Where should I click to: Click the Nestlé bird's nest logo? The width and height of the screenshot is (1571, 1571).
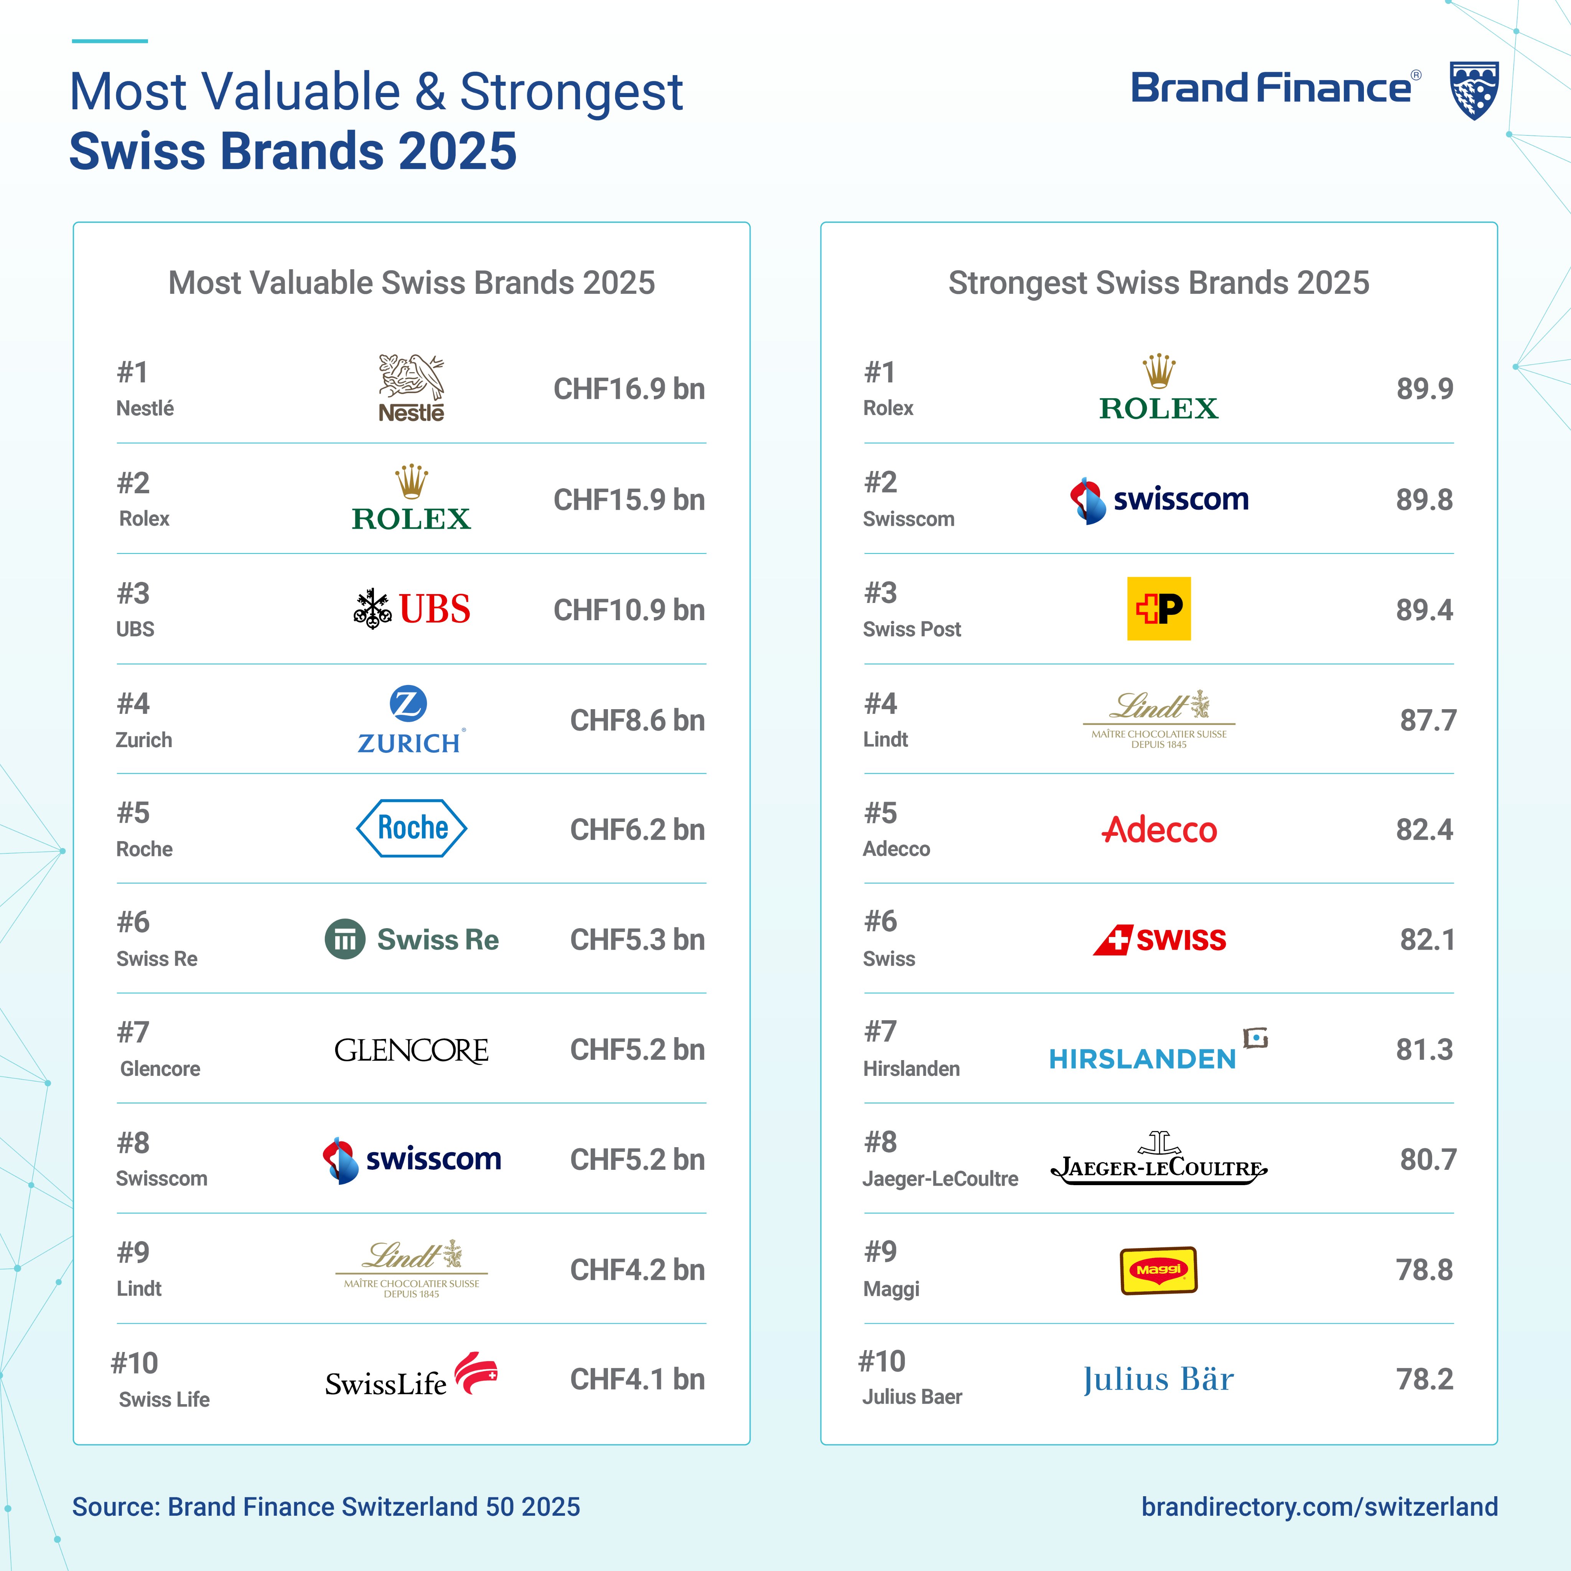tap(412, 388)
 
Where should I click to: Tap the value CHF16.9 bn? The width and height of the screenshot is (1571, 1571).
tap(629, 389)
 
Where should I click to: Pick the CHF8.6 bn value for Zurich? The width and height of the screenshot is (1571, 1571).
tap(637, 720)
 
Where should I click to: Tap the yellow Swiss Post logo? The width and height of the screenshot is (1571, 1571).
tap(1159, 608)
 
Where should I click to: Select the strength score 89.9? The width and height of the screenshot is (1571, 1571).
tap(1424, 389)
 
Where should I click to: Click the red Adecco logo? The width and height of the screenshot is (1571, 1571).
tap(1159, 829)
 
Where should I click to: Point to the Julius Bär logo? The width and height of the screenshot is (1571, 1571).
tap(1159, 1379)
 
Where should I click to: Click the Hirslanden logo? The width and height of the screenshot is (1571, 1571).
tap(1157, 1051)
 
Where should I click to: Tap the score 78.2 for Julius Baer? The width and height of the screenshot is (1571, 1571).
tap(1424, 1379)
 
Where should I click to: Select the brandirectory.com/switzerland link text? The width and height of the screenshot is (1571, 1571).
tap(1319, 1507)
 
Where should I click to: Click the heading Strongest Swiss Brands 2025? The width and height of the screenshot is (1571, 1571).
tap(1159, 283)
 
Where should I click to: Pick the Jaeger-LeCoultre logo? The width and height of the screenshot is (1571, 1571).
tap(1159, 1159)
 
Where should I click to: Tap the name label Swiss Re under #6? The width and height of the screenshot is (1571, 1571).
tap(157, 959)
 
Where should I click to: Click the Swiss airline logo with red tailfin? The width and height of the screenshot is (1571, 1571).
tap(1159, 940)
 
